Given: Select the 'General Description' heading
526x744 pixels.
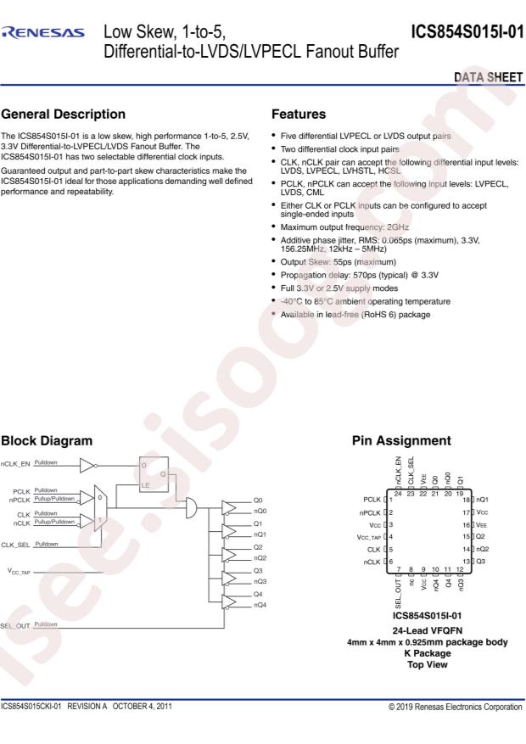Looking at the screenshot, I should coord(64,114).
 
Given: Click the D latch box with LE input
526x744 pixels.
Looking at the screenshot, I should coord(154,473).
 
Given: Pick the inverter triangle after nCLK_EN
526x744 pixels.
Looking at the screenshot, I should coord(89,465).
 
